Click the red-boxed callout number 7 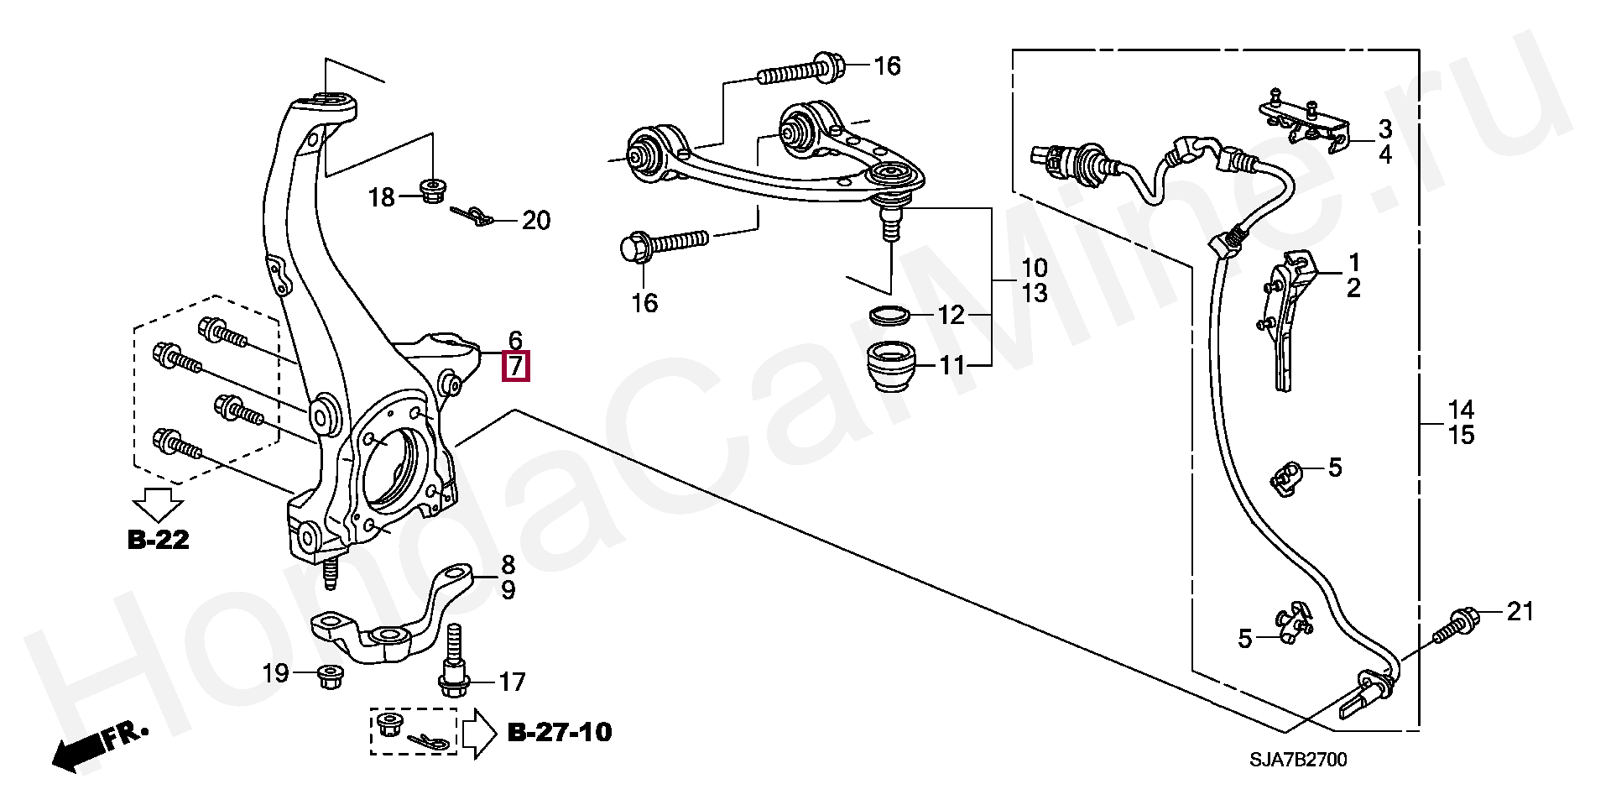click(515, 368)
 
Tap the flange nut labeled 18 click(433, 191)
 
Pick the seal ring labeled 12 click(890, 316)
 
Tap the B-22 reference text click(159, 540)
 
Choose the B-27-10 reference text click(560, 733)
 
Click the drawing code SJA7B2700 click(1298, 761)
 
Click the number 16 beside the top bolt click(887, 65)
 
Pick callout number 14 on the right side click(1461, 410)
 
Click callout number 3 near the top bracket click(1384, 129)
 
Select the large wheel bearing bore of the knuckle click(394, 466)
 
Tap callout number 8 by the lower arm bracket click(508, 565)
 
